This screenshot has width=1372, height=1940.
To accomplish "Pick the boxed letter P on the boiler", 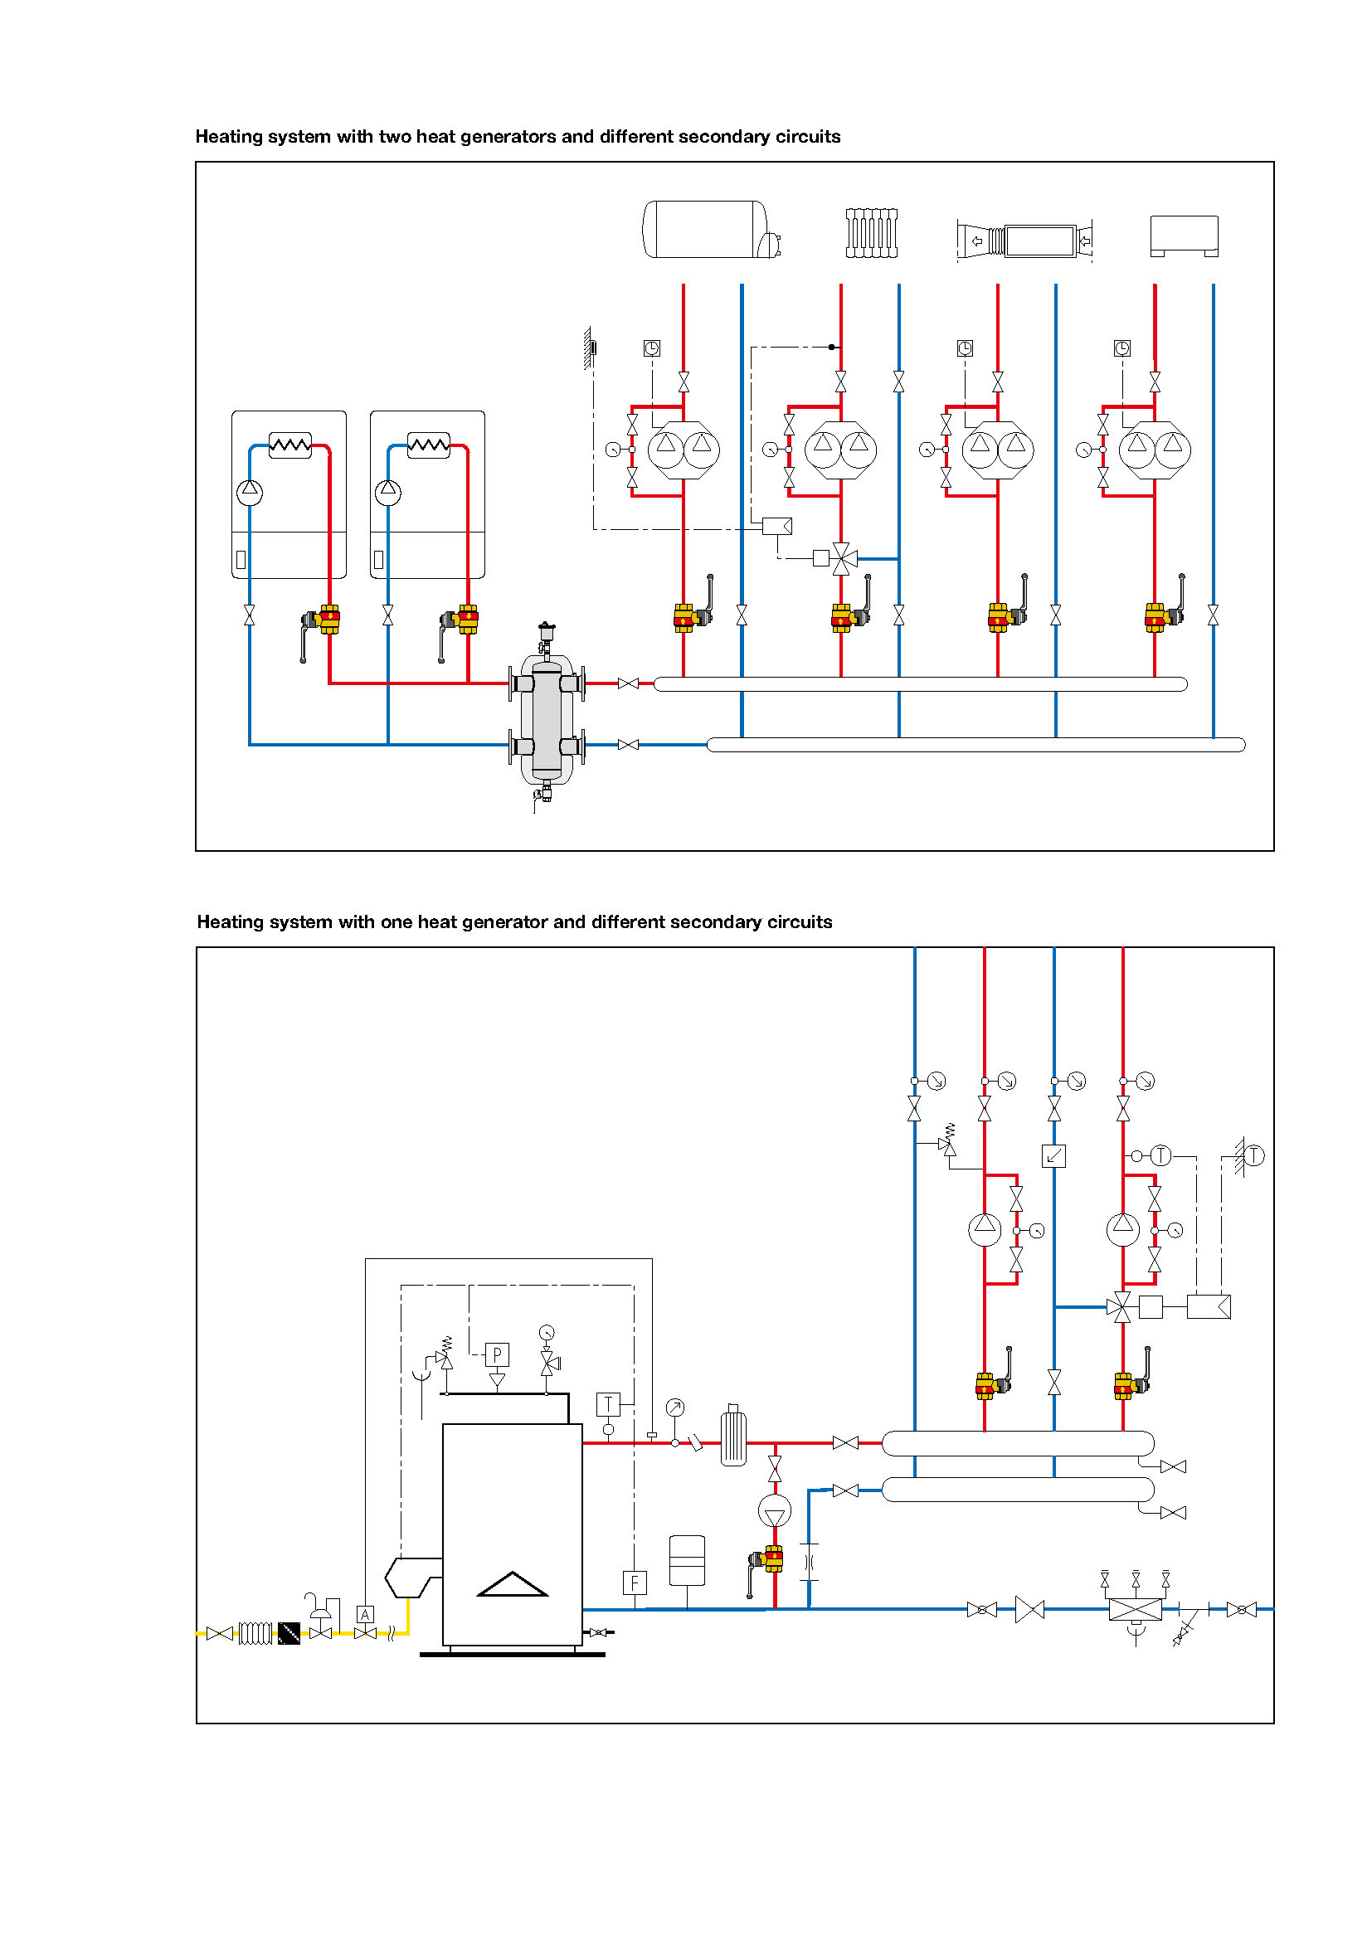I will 497,1355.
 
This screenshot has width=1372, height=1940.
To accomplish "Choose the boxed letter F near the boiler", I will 635,1583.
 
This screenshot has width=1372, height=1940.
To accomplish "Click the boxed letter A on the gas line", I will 365,1615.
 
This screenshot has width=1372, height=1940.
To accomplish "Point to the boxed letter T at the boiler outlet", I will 608,1404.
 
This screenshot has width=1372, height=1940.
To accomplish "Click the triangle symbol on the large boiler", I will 513,1584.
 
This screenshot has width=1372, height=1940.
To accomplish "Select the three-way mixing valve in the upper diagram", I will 841,558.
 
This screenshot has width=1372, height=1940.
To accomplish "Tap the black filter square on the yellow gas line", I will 289,1633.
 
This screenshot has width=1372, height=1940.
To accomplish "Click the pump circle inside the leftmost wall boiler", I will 249,492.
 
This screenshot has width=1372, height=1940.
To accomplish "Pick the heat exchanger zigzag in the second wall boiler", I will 428,445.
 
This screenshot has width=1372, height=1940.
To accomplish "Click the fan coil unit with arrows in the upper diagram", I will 1024,240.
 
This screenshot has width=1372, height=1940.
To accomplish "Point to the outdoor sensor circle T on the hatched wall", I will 1253,1155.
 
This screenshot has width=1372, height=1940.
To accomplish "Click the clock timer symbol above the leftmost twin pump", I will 651,348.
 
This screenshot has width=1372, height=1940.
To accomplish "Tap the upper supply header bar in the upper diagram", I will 921,683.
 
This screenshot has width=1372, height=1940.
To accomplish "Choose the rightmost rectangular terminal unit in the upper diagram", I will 1185,235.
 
